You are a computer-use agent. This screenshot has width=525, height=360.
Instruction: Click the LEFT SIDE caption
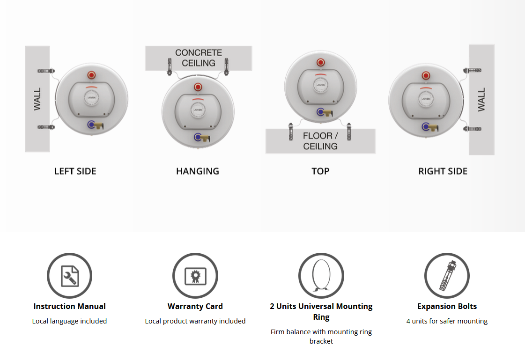tap(75, 171)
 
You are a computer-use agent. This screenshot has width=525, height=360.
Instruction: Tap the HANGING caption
tap(198, 171)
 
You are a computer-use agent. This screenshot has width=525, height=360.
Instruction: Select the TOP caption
tap(320, 171)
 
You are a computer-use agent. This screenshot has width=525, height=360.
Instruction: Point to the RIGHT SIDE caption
tap(443, 171)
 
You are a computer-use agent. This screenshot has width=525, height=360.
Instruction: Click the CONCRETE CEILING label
tap(199, 58)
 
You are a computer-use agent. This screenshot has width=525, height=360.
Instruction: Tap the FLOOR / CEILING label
tap(320, 141)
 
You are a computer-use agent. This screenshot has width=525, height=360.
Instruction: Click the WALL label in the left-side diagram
tap(37, 99)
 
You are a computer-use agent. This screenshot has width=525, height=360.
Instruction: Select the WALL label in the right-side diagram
tap(481, 100)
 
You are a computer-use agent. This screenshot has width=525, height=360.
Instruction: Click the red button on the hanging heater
tap(198, 88)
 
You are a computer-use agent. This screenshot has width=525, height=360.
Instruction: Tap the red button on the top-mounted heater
tap(321, 62)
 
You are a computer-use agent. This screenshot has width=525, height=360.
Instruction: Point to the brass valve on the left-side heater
tap(99, 126)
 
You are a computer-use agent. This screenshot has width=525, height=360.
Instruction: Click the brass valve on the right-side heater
tap(434, 127)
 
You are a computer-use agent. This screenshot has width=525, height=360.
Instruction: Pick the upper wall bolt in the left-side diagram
tap(46, 71)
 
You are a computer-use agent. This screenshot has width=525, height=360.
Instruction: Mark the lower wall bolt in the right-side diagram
tap(472, 129)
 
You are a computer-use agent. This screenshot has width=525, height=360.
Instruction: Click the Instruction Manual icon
tap(69, 276)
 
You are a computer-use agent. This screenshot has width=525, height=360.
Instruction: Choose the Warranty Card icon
tap(195, 276)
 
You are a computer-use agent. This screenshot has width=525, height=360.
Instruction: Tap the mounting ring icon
tap(321, 276)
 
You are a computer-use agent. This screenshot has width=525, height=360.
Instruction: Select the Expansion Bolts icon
tap(447, 276)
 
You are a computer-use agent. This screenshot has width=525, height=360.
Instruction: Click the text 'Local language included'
tap(69, 321)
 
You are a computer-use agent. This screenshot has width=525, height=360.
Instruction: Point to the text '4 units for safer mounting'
tap(447, 321)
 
